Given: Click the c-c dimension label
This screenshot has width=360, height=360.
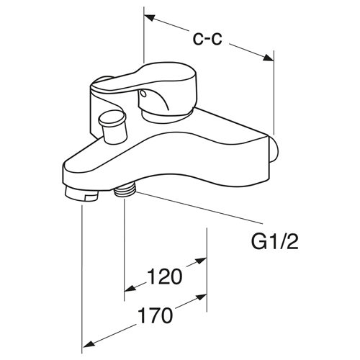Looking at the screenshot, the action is (x=207, y=39).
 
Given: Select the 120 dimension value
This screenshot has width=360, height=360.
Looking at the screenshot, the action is (x=165, y=276).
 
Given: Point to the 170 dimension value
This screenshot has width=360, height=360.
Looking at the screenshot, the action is (x=156, y=316).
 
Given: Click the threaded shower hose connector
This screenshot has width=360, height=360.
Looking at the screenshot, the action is (x=125, y=191).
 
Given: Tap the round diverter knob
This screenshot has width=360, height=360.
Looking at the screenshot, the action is (x=112, y=127).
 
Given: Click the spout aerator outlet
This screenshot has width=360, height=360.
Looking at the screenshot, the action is (x=81, y=194).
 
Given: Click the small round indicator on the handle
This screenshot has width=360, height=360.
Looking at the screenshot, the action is (x=143, y=94).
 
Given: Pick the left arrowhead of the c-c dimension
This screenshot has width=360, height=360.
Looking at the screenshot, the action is (x=149, y=19).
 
